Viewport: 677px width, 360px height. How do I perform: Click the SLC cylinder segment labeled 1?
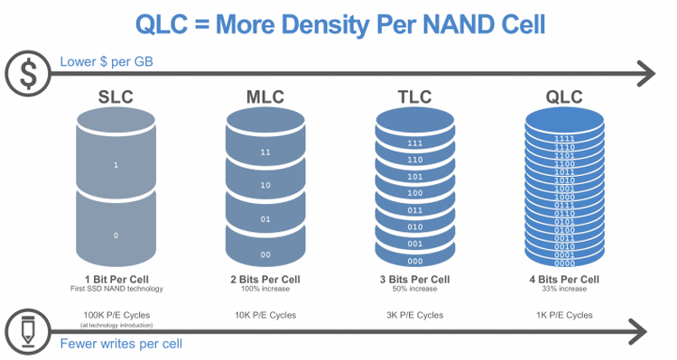click(x=115, y=165)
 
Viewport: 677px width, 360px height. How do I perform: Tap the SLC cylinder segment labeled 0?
click(x=115, y=235)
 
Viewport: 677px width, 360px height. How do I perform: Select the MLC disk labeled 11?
click(x=264, y=152)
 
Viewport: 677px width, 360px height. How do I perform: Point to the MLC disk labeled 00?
click(x=264, y=254)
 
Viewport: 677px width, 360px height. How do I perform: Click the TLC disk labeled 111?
click(x=414, y=143)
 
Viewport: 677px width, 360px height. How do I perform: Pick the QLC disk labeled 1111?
click(x=564, y=138)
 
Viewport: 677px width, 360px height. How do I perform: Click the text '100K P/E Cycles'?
click(x=115, y=315)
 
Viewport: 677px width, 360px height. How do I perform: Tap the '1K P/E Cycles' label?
click(x=564, y=315)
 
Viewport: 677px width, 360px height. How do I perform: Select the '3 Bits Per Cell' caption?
click(x=414, y=280)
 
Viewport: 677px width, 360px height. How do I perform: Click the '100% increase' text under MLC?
click(x=264, y=290)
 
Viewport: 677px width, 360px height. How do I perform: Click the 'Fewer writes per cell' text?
click(x=115, y=344)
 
